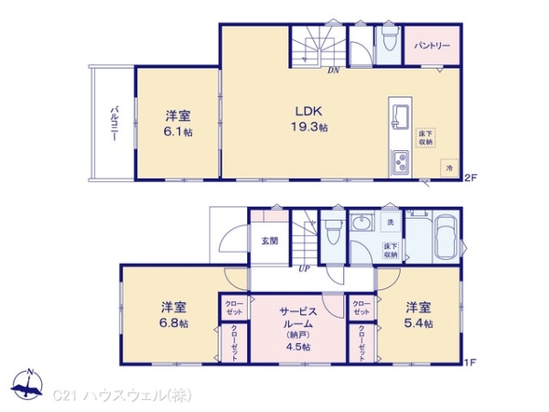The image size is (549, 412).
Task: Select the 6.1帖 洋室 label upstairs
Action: click(x=178, y=124)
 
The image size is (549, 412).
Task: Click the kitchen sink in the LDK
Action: click(x=400, y=114)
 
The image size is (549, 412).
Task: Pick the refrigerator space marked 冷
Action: click(x=448, y=168)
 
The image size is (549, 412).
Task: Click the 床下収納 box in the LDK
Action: click(x=427, y=137)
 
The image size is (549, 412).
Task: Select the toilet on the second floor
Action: click(x=387, y=42)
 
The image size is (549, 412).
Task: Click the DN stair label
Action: click(x=334, y=70)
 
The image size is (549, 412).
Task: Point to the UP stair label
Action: click(x=302, y=268)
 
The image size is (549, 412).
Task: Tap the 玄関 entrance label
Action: click(x=270, y=241)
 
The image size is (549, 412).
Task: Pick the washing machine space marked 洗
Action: click(x=390, y=223)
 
